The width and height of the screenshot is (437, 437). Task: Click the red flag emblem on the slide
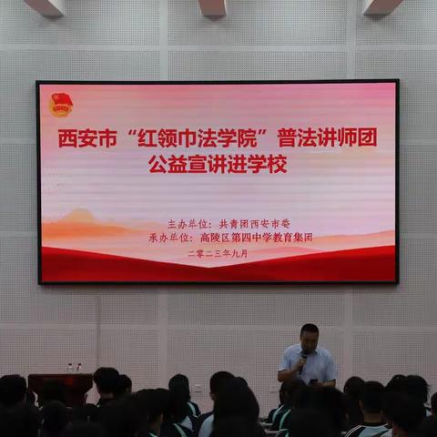pyautogui.click(x=61, y=104)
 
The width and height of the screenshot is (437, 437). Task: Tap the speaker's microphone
pyautogui.click(x=302, y=358)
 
